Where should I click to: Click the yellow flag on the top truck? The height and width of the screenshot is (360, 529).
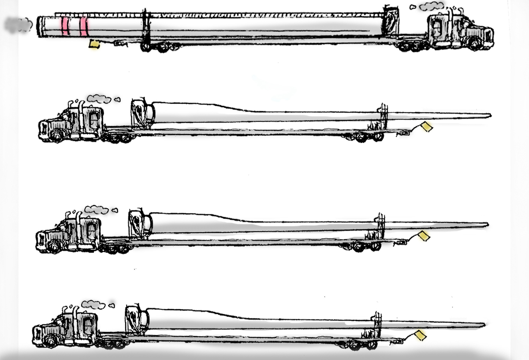coord(94,44)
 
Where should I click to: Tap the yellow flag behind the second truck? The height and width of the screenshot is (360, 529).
coord(427,127)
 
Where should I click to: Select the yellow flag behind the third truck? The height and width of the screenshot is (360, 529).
coord(424,236)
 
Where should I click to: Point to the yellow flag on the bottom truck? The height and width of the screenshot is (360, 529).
coord(420,336)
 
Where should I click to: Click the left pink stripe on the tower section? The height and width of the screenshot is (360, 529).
coord(65,26)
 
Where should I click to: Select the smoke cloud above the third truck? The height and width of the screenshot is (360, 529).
coord(97,210)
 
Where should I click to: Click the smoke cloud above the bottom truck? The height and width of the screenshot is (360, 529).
coord(94,304)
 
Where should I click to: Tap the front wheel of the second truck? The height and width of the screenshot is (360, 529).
coord(56,137)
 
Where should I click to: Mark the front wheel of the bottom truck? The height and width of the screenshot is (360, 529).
coord(50,342)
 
